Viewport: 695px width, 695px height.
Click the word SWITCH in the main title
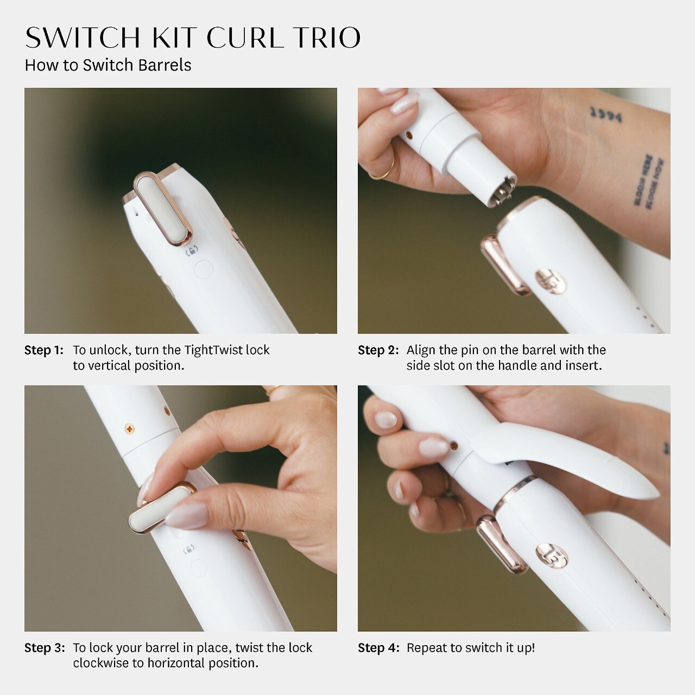click(x=83, y=37)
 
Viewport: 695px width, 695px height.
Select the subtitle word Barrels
click(x=165, y=65)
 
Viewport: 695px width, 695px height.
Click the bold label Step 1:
click(x=44, y=350)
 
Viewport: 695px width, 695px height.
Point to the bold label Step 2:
click(x=378, y=350)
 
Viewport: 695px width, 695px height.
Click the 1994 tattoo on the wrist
click(x=606, y=115)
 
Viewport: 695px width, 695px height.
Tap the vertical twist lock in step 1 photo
click(x=163, y=208)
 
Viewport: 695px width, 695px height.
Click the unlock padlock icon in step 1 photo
click(x=192, y=251)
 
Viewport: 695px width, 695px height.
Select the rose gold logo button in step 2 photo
click(x=550, y=281)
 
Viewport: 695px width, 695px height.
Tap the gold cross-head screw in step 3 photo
click(x=129, y=429)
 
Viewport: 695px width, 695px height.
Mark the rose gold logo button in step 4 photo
click(x=552, y=555)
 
